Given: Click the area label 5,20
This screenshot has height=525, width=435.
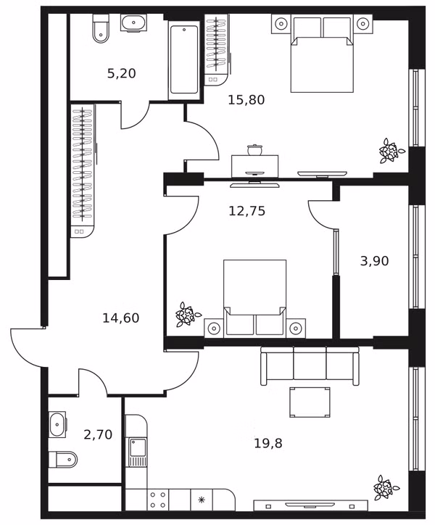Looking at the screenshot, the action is coord(122,73).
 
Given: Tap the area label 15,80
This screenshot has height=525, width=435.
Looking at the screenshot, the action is coord(246,99).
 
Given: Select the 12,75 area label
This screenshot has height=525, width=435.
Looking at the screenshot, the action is coord(246,210).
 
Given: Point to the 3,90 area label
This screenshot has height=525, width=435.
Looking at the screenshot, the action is coord(374,260).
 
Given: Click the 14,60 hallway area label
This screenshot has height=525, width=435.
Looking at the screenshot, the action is coord(121,318).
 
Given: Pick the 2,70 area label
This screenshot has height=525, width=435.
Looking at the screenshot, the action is coord(98,434).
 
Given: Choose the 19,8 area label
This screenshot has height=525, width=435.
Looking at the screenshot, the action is coord(268,443).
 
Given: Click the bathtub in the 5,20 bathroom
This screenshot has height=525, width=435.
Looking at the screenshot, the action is coord(184,60).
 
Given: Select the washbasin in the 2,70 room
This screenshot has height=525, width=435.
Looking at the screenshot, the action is coord(57,424).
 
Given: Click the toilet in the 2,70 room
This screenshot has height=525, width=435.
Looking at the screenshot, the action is coord(62,460).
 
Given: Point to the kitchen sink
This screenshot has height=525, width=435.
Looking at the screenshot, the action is coord(138,452).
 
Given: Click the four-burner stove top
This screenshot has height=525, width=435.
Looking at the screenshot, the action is coord(158,500).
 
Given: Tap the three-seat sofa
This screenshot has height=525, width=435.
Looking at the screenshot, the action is coord(310,365).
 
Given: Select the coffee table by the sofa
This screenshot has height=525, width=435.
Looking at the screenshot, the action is coord(310,402).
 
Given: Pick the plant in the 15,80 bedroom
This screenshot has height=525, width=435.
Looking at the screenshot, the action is coord(391,151).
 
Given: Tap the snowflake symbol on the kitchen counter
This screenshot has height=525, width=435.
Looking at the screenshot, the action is coord(202,500).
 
